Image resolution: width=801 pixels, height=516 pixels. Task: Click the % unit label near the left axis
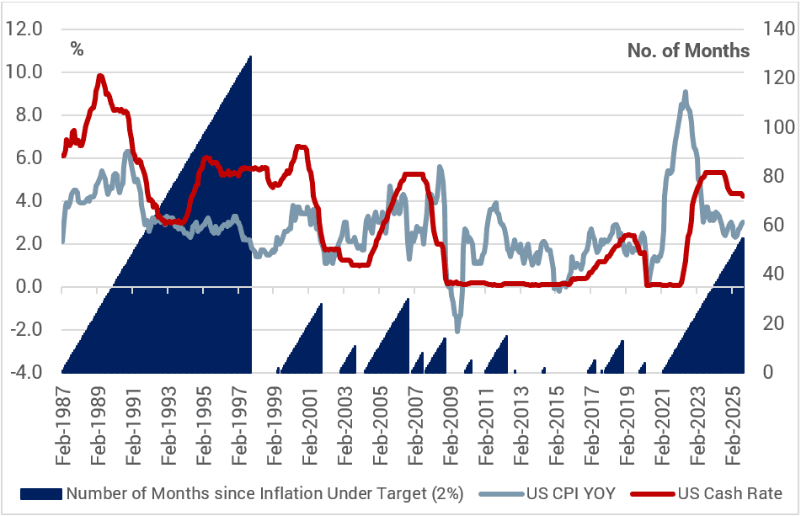77,50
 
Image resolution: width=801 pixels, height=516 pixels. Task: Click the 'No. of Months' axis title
688,51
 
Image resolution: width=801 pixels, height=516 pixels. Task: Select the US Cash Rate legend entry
729,494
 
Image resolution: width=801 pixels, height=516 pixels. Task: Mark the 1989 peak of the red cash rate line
100,76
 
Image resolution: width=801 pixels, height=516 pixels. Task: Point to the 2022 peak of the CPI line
685,92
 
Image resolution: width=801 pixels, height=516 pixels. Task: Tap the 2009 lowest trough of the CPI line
457,331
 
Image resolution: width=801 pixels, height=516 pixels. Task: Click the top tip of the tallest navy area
251,56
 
